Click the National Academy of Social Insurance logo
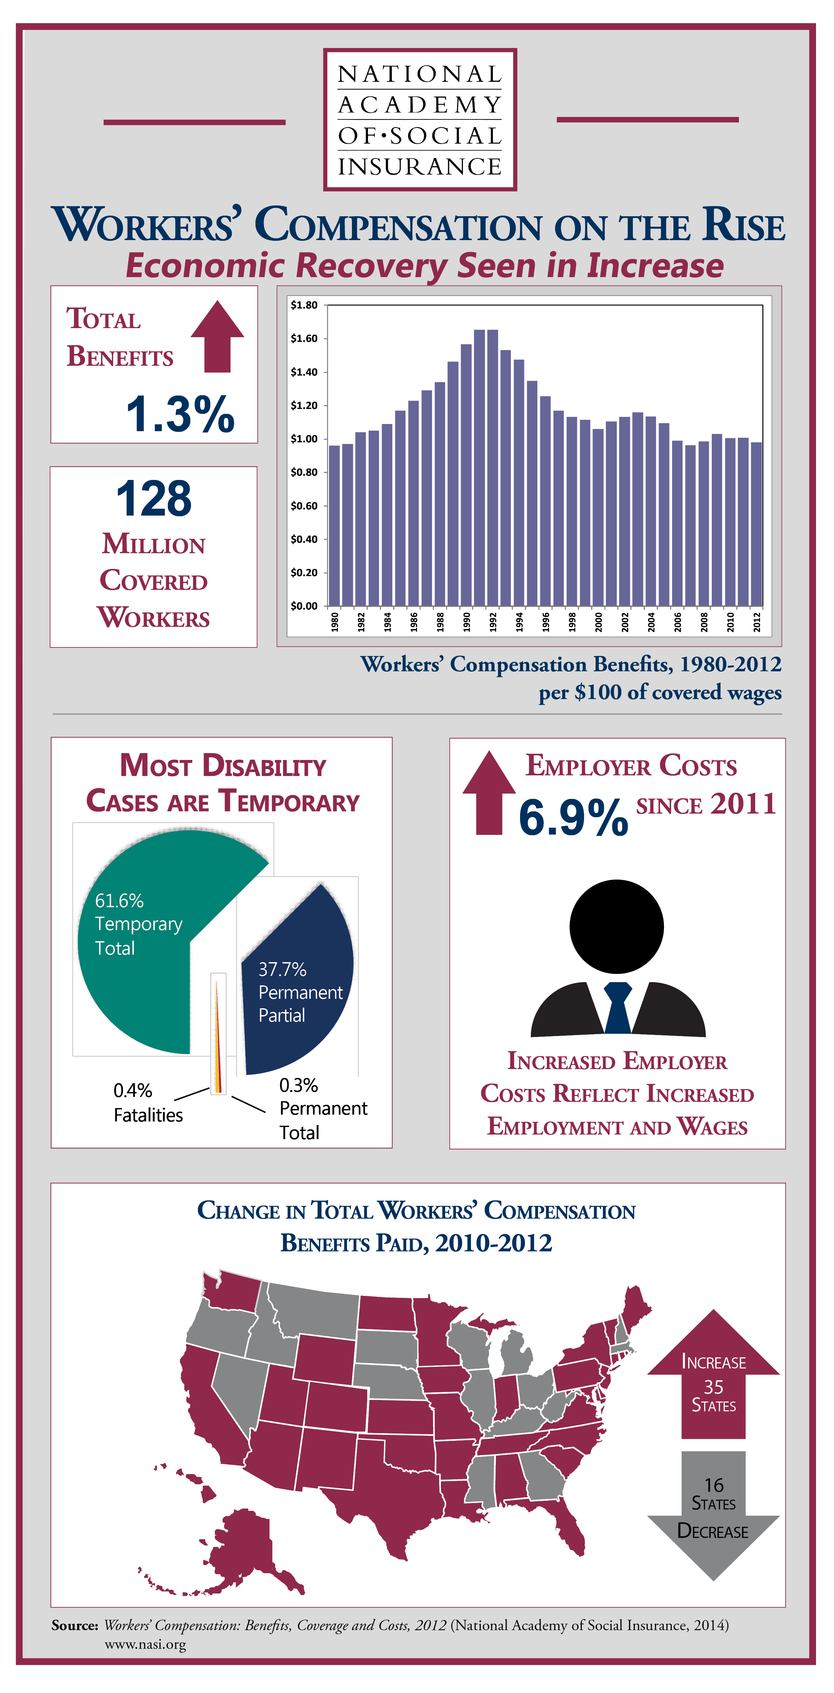click(x=420, y=120)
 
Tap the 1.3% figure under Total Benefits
click(x=180, y=414)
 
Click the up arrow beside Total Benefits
click(x=217, y=337)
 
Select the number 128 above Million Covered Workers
click(x=154, y=498)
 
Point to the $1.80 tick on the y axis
click(x=304, y=305)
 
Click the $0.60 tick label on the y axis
click(x=304, y=505)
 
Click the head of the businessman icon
click(x=617, y=927)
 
